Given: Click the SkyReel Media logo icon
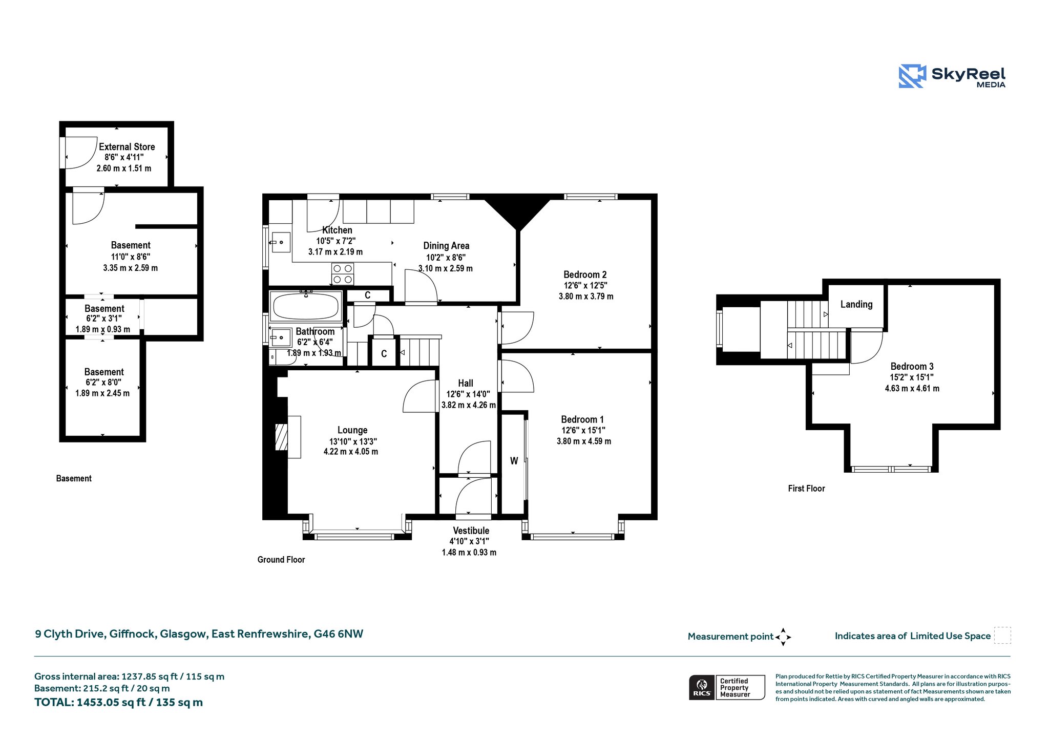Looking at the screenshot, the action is tap(912, 76).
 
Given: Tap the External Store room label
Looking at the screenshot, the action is tap(127, 147).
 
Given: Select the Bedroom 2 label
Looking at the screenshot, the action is tap(585, 274).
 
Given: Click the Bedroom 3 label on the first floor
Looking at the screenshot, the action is tap(912, 366).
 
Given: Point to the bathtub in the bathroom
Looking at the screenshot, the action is tap(306, 306).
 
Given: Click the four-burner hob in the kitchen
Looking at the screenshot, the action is tap(343, 273).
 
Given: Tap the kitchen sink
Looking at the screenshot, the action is tap(280, 242).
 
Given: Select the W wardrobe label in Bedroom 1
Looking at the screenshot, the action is tap(514, 461).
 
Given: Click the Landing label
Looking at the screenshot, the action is tap(856, 304).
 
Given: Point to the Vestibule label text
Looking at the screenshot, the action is tap(471, 531).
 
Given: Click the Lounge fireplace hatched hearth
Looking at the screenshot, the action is tap(281, 437).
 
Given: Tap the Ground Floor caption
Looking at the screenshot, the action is tap(281, 560).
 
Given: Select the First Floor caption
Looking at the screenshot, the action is tap(806, 489).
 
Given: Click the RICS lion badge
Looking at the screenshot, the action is tap(702, 687).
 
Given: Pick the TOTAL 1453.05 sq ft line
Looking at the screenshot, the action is tap(118, 703).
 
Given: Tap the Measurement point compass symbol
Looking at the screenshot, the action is tap(783, 637).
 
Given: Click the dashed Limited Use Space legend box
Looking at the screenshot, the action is tap(1002, 636).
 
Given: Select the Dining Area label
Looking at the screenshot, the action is tap(446, 246).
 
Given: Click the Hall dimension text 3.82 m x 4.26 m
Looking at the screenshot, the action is tap(469, 405).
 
